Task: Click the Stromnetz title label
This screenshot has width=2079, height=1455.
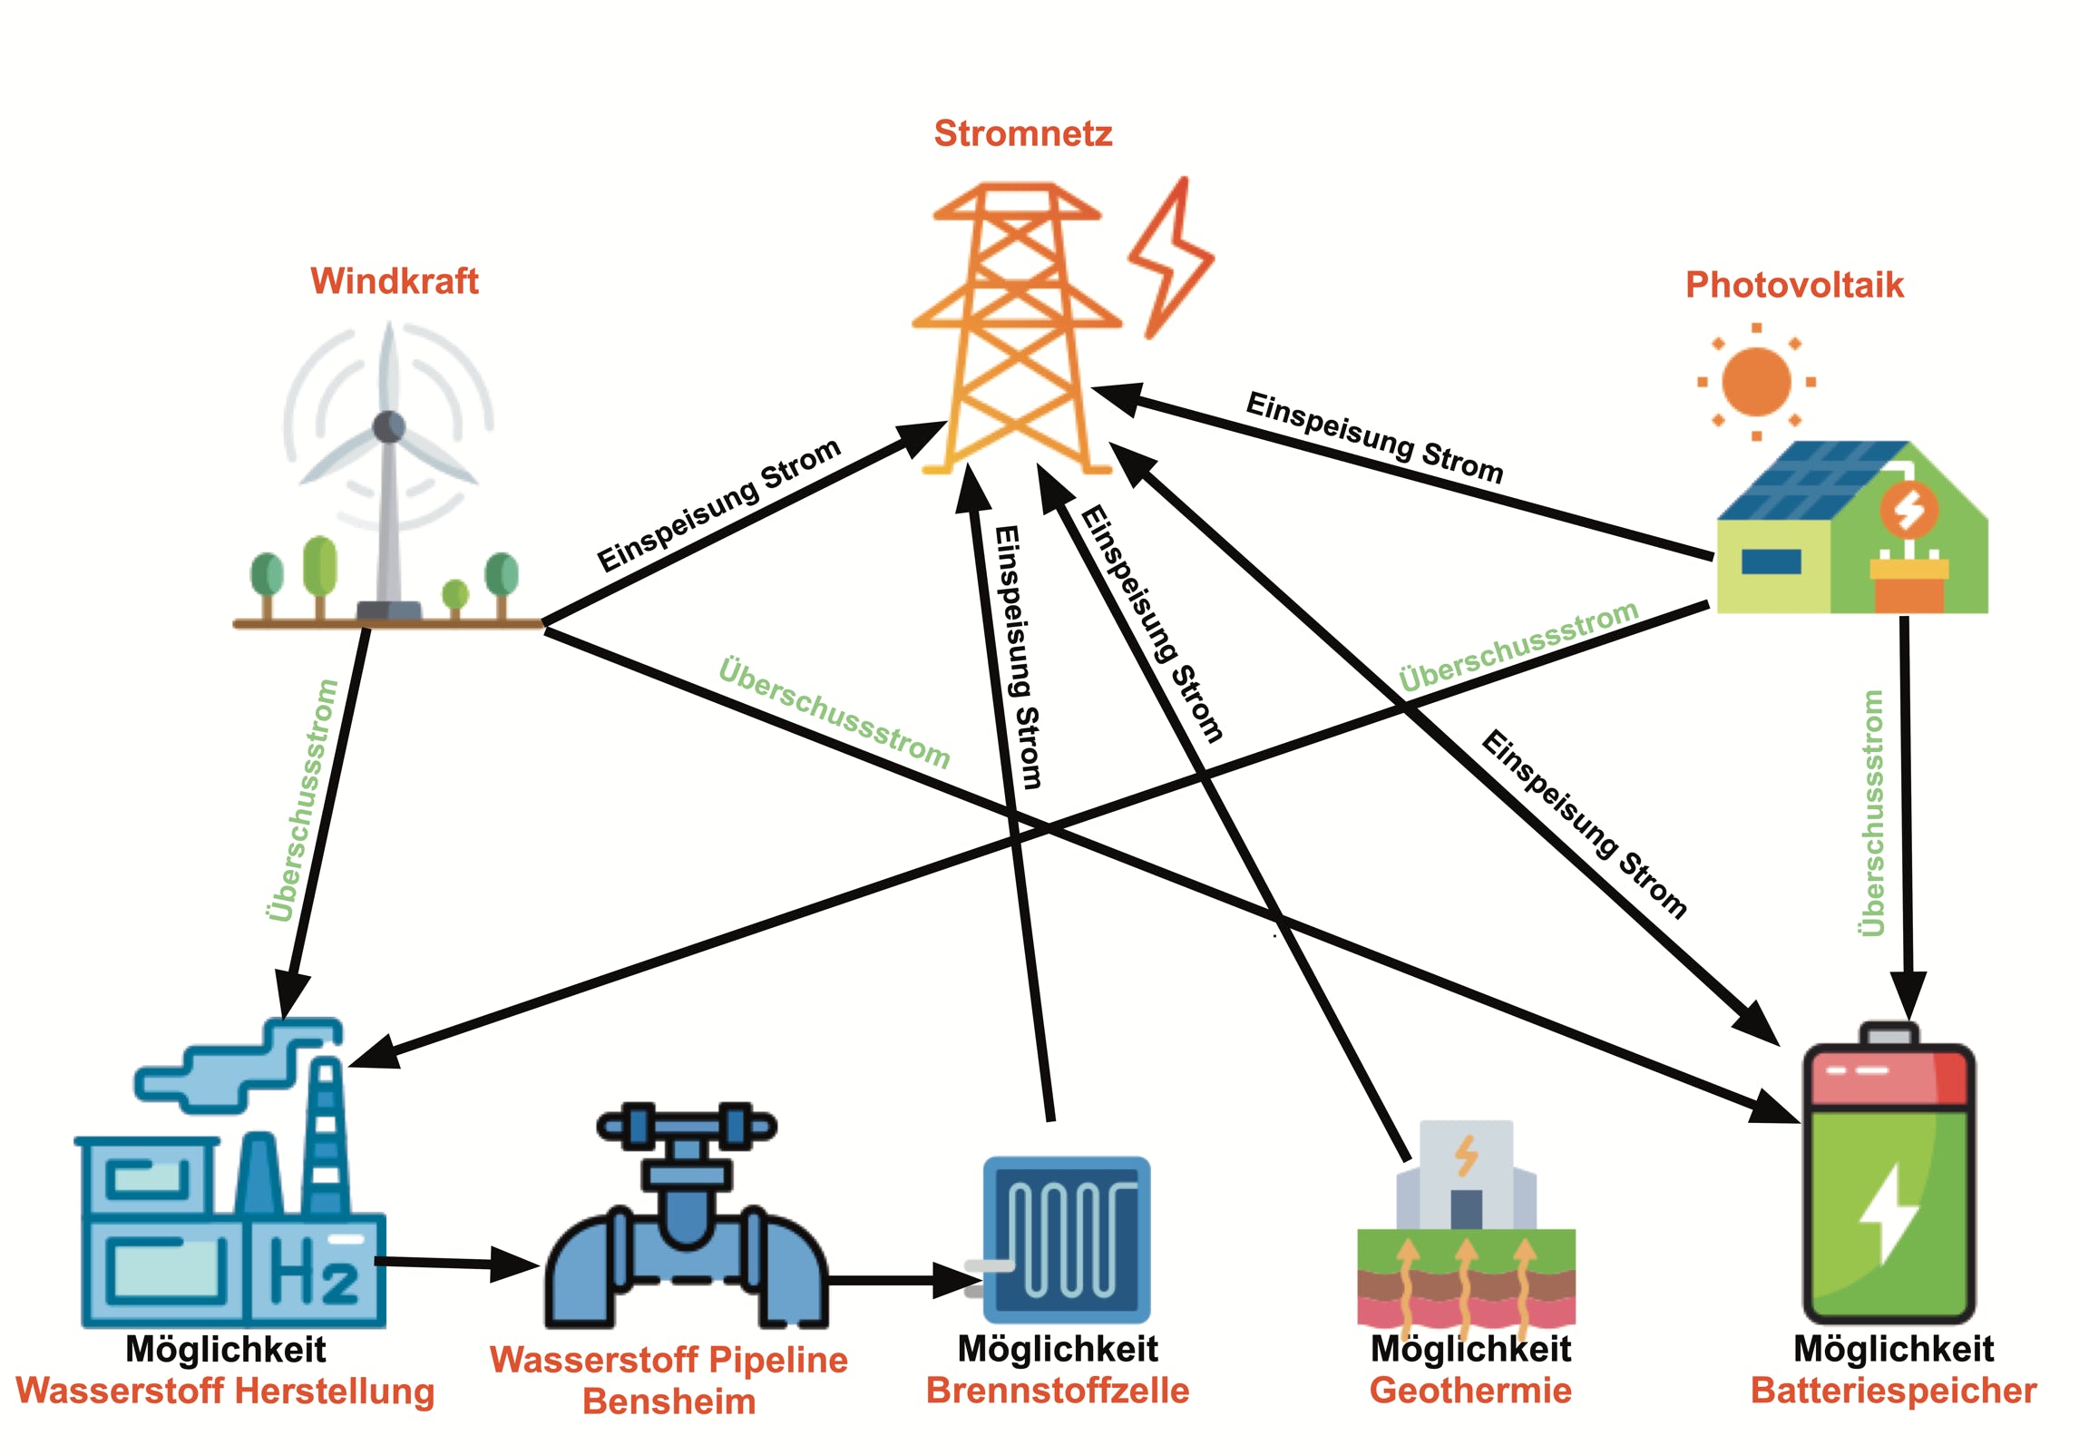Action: click(1022, 133)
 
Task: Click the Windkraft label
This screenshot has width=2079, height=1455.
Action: click(395, 281)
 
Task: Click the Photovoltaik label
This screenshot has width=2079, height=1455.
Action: click(1793, 285)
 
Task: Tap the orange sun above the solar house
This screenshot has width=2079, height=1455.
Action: click(1756, 382)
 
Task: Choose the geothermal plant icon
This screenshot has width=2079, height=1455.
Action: click(1466, 1225)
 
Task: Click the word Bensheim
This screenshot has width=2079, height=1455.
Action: click(669, 1401)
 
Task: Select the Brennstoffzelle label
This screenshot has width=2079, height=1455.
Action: click(1057, 1391)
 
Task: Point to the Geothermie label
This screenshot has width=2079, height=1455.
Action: click(1469, 1391)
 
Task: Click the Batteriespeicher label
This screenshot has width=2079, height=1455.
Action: click(1893, 1391)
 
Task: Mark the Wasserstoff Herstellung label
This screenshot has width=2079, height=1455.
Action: click(225, 1392)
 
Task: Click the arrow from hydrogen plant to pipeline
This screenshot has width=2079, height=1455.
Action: click(454, 1263)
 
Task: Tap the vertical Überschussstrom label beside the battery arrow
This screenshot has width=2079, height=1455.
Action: click(1871, 813)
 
